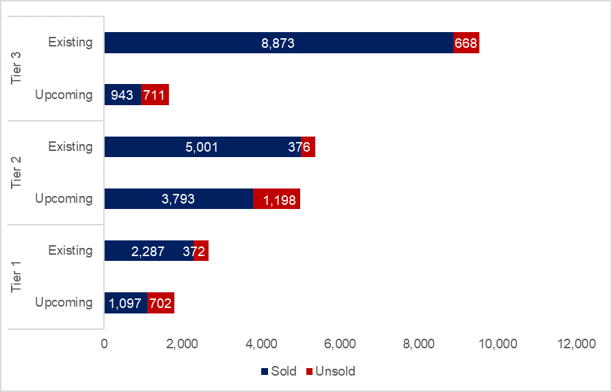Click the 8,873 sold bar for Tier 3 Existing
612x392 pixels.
[278, 43]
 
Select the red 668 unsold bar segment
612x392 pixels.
[466, 43]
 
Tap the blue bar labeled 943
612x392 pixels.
[122, 95]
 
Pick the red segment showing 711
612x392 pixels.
[155, 95]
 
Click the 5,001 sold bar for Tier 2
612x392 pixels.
[202, 147]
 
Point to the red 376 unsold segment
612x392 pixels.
[308, 147]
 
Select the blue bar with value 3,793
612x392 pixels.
[178, 199]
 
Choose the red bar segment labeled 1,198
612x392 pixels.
[276, 199]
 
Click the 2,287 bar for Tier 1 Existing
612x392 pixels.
[148, 251]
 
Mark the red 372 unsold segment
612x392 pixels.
[201, 251]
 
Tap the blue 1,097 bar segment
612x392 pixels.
[125, 303]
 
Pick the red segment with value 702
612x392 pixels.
[161, 303]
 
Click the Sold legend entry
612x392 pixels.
[278, 372]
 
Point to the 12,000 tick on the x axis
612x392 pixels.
[576, 344]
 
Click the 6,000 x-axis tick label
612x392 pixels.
[341, 344]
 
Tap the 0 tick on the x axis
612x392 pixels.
[105, 344]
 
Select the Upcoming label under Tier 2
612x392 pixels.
[64, 199]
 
